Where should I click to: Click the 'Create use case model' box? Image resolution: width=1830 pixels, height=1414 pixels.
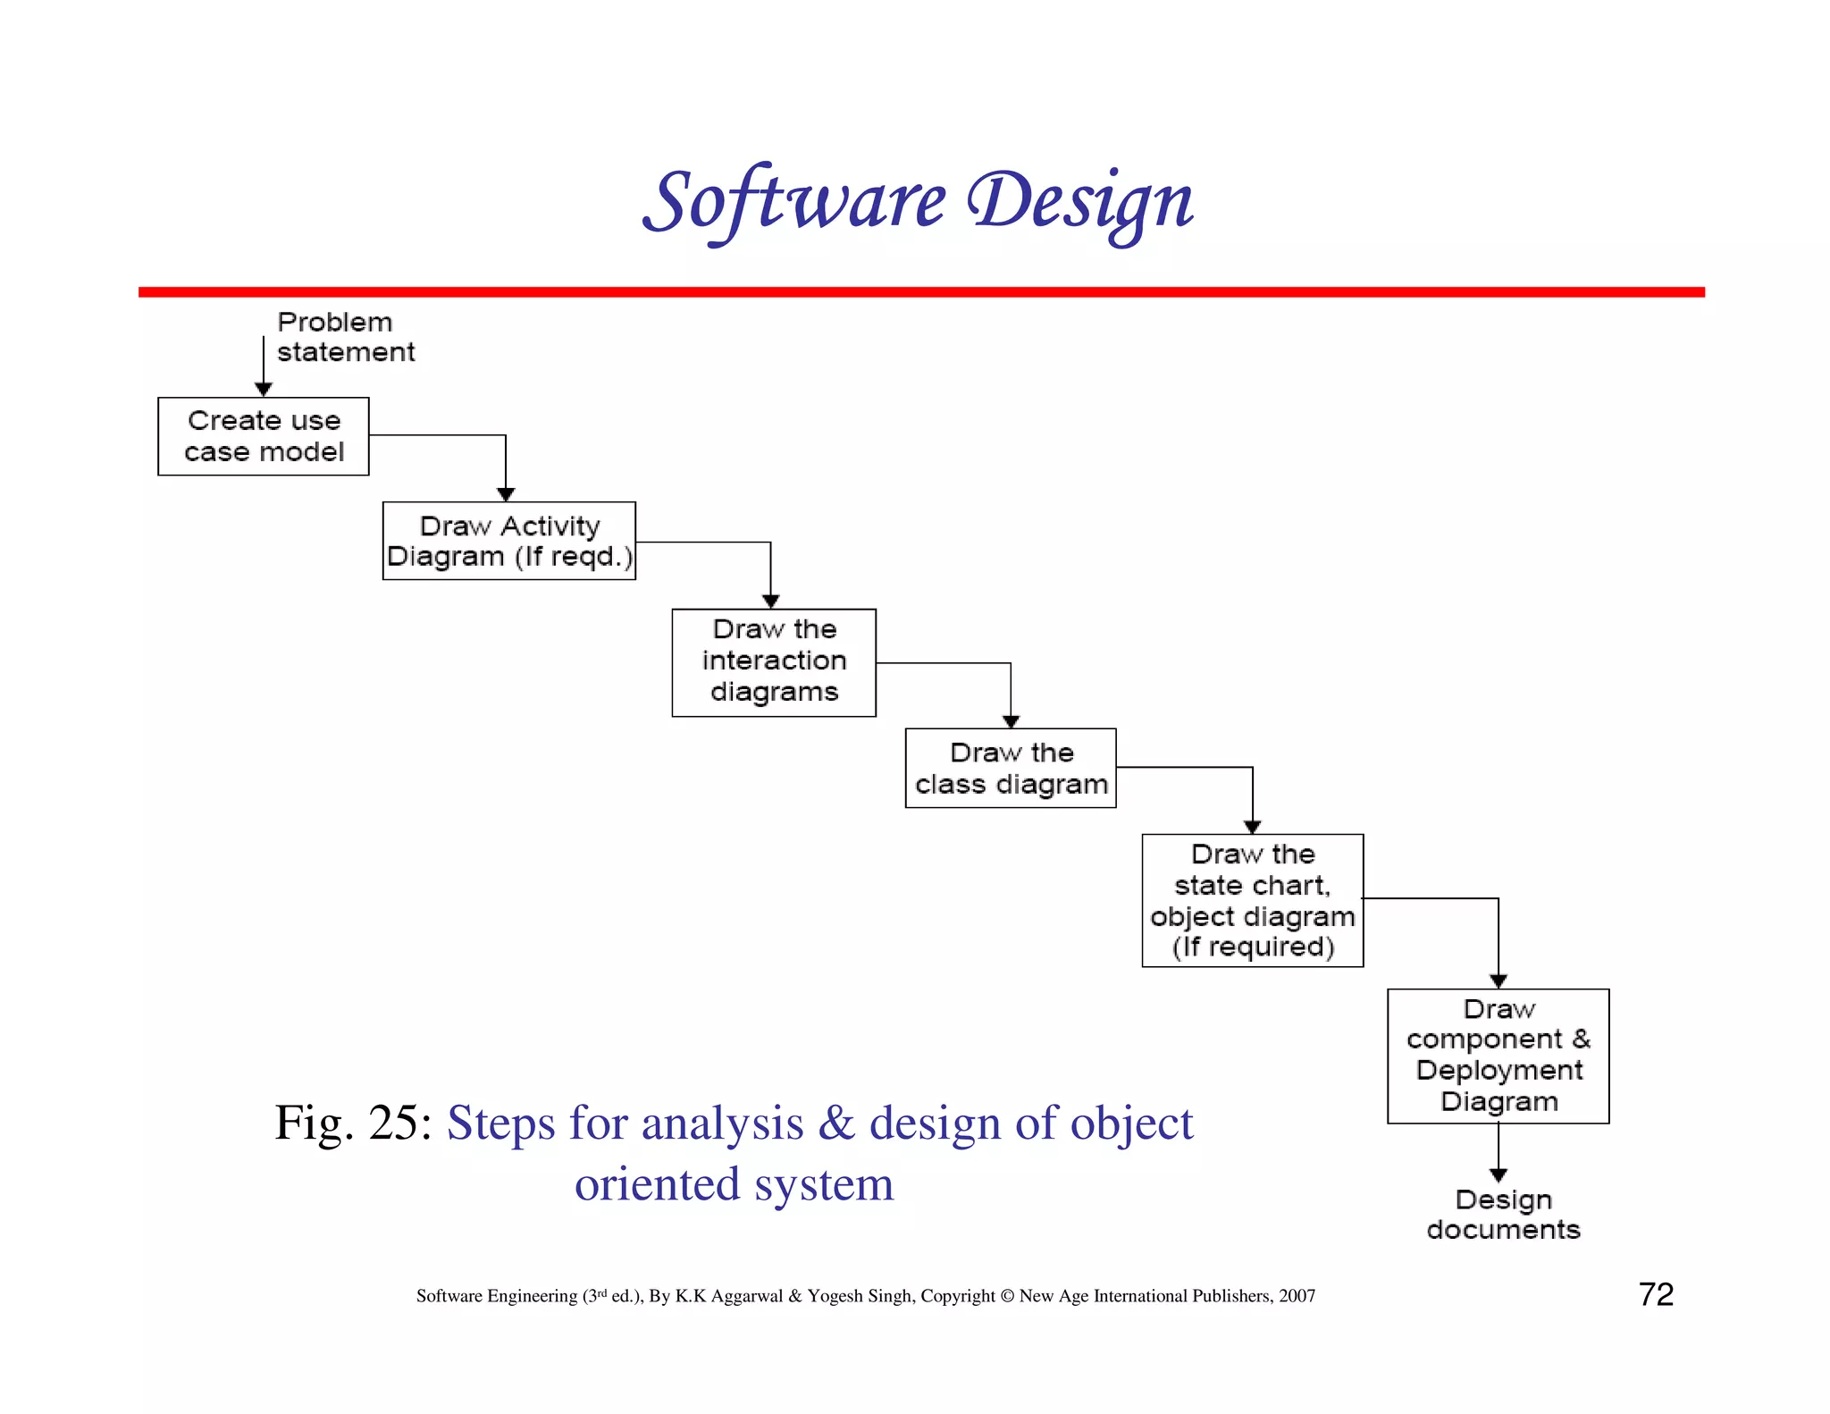[264, 436]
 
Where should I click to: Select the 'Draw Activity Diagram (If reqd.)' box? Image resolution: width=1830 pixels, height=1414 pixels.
[509, 541]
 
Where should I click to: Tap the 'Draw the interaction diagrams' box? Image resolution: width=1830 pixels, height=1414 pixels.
[774, 662]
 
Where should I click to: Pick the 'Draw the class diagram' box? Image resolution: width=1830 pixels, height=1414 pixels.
[1011, 769]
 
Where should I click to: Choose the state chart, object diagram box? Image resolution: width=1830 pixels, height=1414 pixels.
[1253, 900]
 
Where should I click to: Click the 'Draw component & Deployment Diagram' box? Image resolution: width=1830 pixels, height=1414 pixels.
[1498, 1056]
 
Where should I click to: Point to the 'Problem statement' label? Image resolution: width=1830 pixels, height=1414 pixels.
[345, 337]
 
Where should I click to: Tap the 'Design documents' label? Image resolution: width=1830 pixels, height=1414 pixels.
[1503, 1215]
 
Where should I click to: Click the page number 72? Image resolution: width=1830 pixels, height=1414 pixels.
[1656, 1294]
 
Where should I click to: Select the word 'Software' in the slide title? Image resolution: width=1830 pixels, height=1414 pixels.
[794, 201]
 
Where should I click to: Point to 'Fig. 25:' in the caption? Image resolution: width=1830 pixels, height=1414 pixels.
[353, 1123]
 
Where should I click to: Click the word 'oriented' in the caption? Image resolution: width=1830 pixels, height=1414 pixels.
[657, 1184]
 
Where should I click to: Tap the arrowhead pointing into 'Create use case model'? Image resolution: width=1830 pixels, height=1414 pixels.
[264, 389]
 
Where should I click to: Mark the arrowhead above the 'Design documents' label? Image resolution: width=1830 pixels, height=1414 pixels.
[1498, 1174]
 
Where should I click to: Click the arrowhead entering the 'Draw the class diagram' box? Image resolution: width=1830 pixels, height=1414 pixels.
[1011, 721]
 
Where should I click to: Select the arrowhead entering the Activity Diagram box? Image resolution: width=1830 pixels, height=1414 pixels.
[506, 494]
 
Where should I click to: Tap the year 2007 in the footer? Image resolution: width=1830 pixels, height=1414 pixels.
[1297, 1296]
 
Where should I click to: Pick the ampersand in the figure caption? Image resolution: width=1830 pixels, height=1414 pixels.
[836, 1123]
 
